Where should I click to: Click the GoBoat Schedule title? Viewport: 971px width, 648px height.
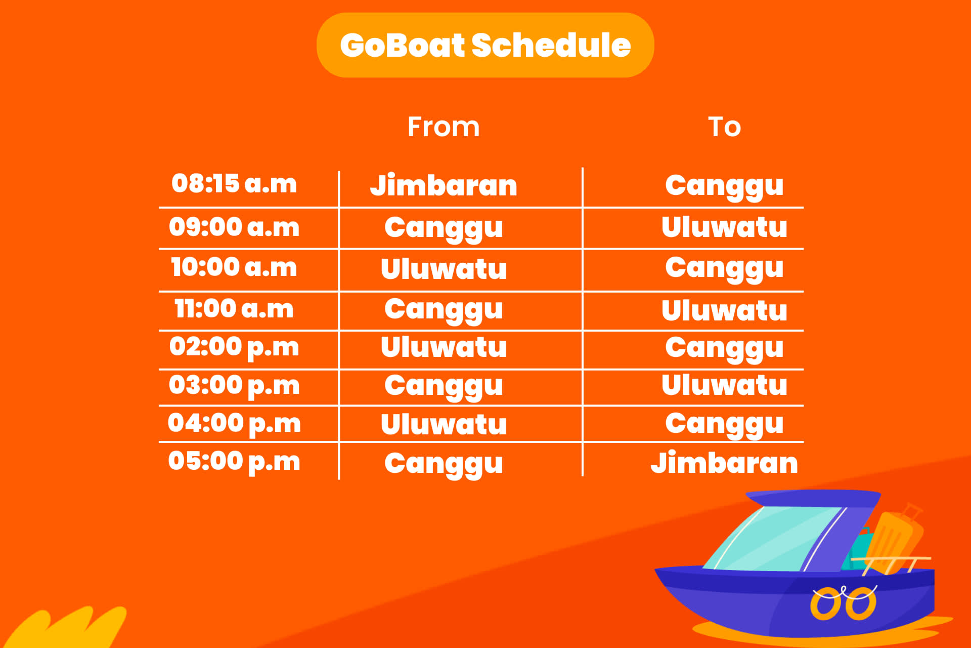click(x=485, y=45)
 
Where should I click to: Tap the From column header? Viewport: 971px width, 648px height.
click(x=444, y=127)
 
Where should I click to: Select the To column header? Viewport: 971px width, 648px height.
click(x=724, y=127)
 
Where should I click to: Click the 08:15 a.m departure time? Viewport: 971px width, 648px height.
click(x=234, y=183)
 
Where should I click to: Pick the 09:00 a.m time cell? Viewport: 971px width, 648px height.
click(x=234, y=226)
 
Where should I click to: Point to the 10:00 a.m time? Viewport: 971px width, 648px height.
click(x=234, y=267)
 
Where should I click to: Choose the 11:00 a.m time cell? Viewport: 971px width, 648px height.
click(x=234, y=308)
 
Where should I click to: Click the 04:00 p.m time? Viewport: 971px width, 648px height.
click(x=234, y=424)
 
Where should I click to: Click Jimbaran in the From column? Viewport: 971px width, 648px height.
click(x=444, y=185)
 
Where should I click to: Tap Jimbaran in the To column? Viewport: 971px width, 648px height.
click(x=724, y=463)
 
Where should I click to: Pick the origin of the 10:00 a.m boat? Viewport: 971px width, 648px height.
click(x=444, y=268)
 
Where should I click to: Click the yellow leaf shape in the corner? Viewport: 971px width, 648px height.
click(x=66, y=628)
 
